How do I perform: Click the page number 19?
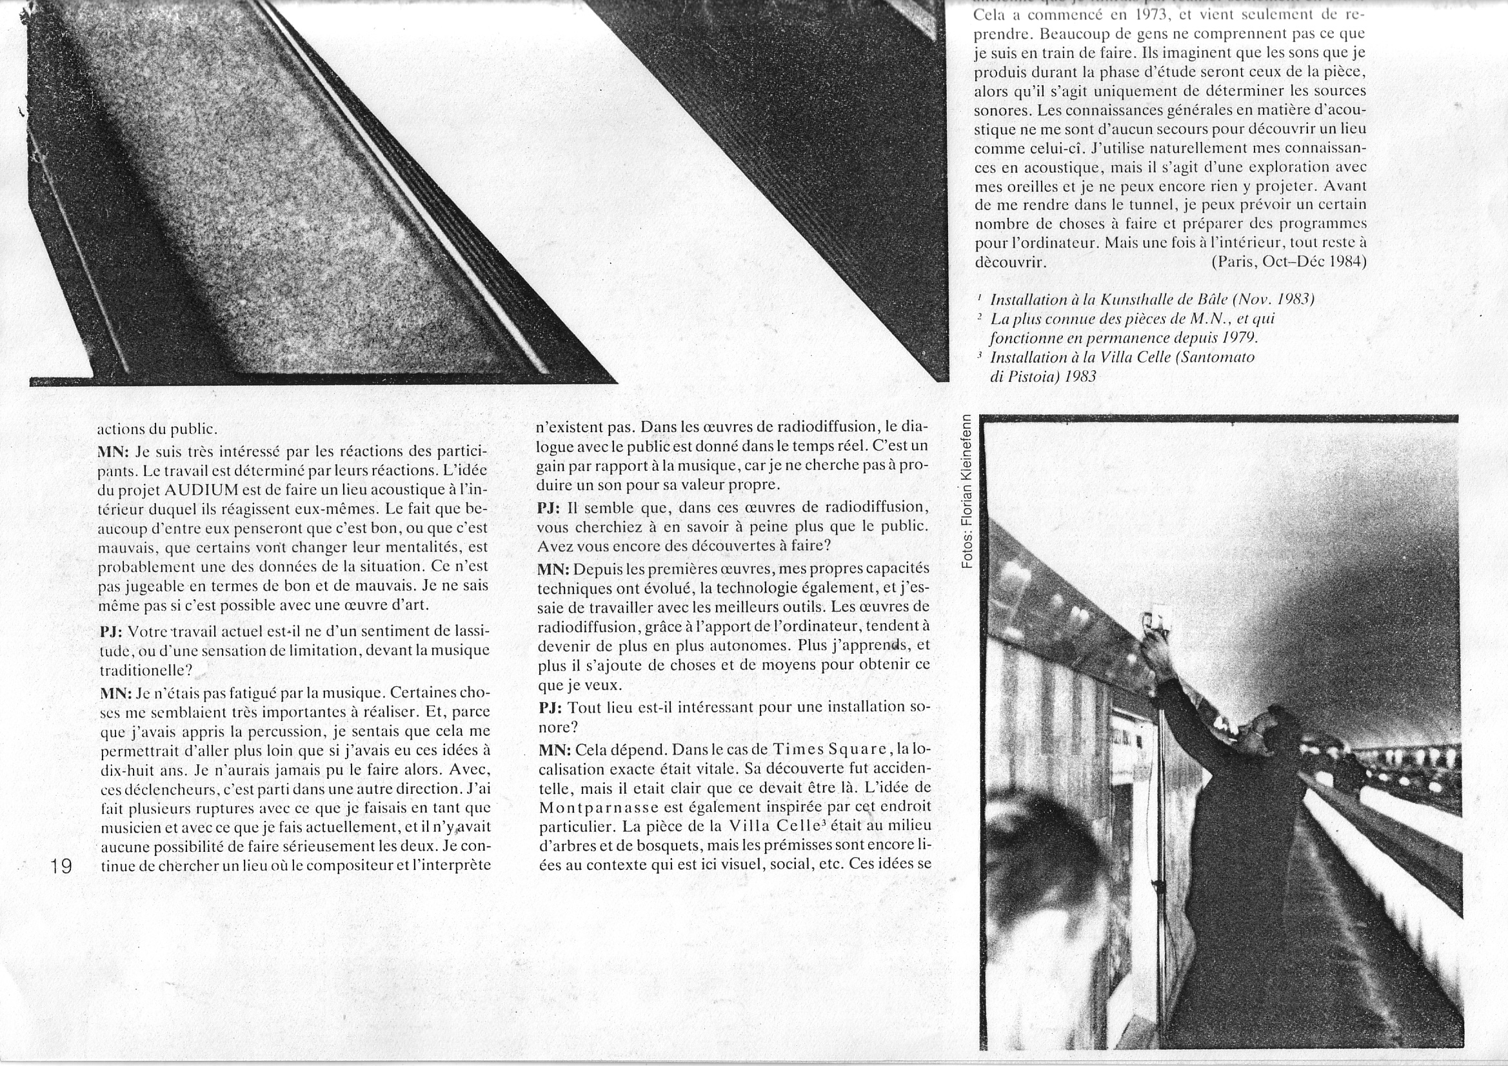[x=61, y=866]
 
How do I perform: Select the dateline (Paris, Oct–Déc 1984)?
[x=1289, y=261]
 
